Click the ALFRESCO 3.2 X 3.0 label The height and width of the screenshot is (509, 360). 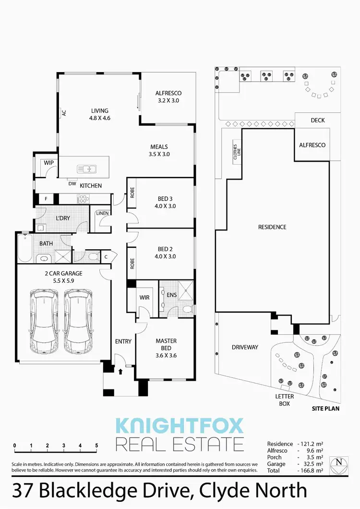[168, 97]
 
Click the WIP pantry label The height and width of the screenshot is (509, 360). [48, 163]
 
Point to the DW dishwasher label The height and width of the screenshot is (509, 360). [72, 183]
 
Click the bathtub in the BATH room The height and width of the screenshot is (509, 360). [24, 248]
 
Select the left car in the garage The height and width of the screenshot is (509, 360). [43, 320]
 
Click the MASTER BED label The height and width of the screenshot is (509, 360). [166, 345]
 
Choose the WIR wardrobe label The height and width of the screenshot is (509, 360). [144, 298]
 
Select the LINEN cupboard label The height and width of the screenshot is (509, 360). [102, 213]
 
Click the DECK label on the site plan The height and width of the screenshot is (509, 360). [318, 121]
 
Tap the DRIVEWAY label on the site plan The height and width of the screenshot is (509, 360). [245, 347]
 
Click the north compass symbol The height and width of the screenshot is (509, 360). [340, 462]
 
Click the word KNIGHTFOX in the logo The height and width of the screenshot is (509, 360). [180, 425]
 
